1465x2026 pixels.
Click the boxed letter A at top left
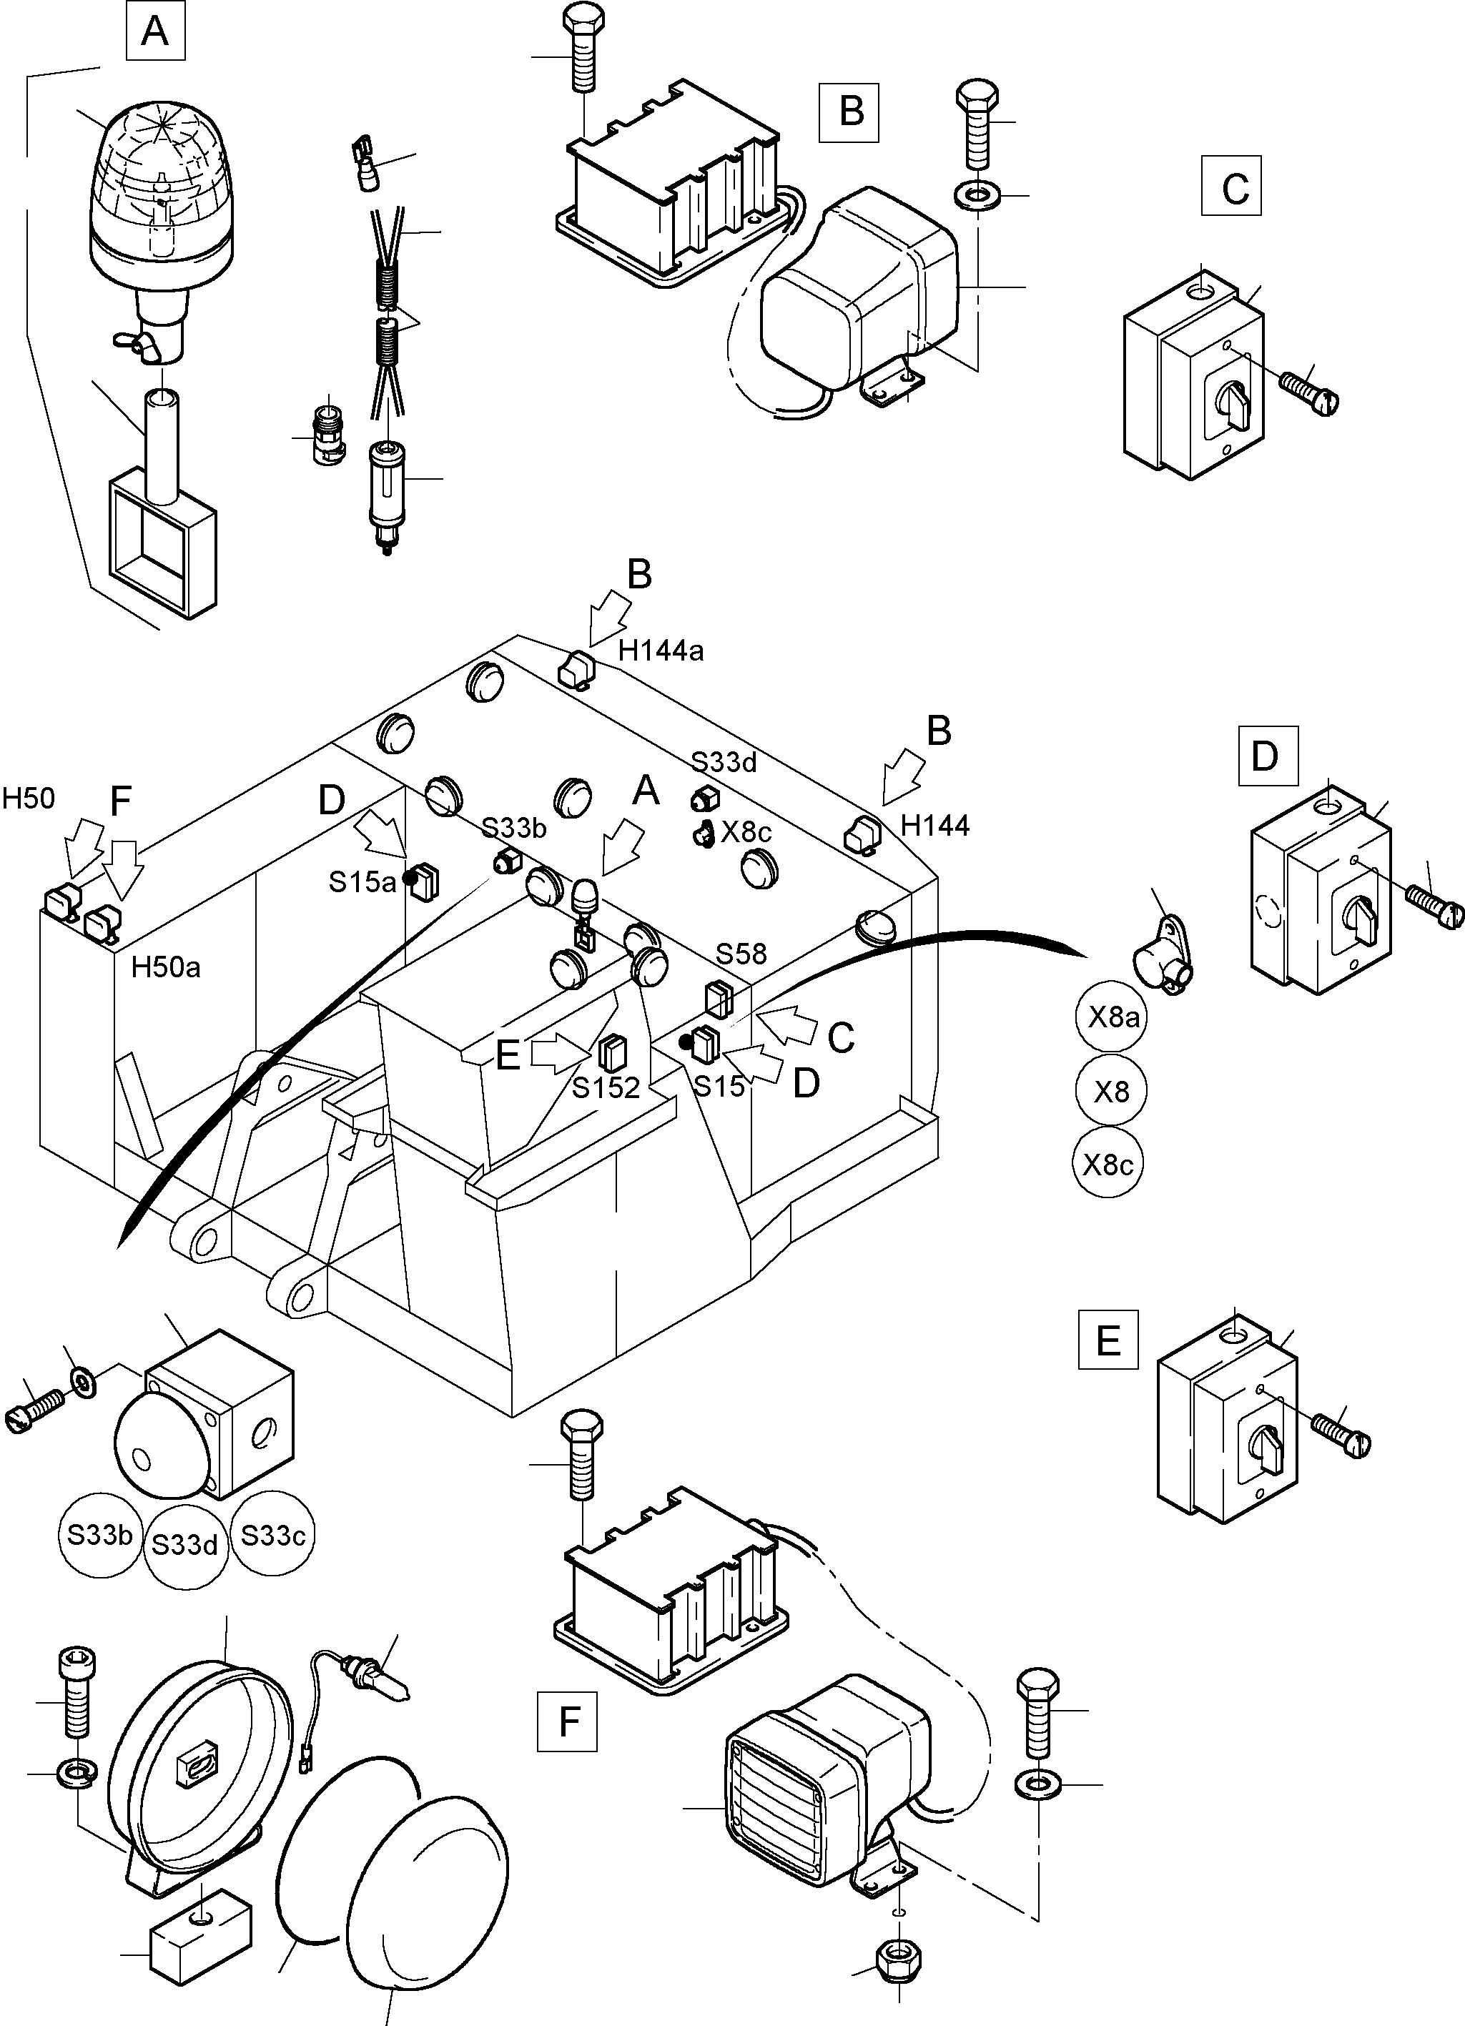[x=155, y=31]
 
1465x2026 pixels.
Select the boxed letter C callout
[x=1232, y=186]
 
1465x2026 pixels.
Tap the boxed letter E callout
[x=1108, y=1364]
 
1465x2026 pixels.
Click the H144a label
[x=661, y=651]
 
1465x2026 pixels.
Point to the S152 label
[x=606, y=1087]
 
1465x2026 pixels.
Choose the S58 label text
[x=741, y=954]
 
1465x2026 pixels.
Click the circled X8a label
[x=1111, y=1017]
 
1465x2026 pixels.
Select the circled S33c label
[x=273, y=1536]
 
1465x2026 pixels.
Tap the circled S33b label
[x=100, y=1536]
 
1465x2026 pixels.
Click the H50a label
[x=165, y=967]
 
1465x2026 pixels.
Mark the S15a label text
[x=362, y=881]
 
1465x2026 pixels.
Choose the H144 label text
[x=935, y=826]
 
